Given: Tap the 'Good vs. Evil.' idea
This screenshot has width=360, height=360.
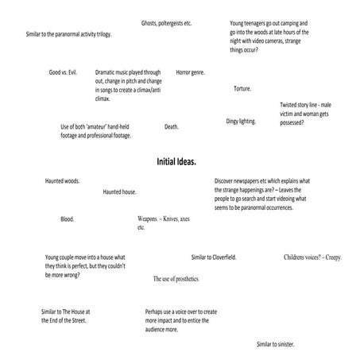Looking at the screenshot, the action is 65,72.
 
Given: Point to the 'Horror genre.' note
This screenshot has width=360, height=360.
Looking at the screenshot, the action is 190,72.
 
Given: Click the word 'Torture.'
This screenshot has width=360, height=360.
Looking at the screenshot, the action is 242,88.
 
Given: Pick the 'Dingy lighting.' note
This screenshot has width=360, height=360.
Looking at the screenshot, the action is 241,121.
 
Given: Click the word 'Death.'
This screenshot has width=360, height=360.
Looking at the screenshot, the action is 172,126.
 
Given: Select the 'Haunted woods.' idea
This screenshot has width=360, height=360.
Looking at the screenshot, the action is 61,181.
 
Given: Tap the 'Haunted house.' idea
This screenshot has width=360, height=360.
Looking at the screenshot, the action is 119,192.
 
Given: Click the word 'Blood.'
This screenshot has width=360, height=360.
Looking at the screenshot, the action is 67,219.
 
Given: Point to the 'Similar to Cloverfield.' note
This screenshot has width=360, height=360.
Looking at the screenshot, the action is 214,257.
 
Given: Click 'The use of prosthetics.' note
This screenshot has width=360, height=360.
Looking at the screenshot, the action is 176,279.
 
